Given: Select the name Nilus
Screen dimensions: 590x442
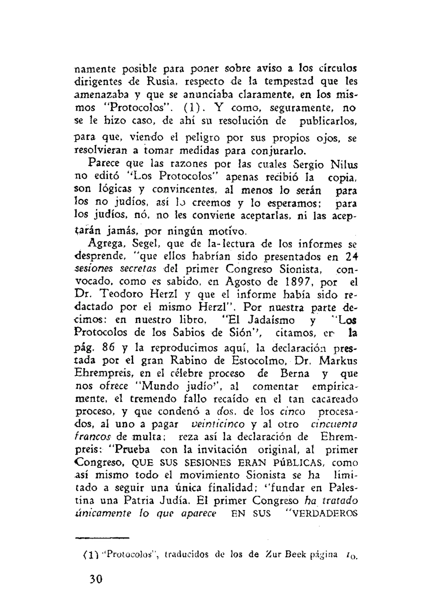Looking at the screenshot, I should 344,164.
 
